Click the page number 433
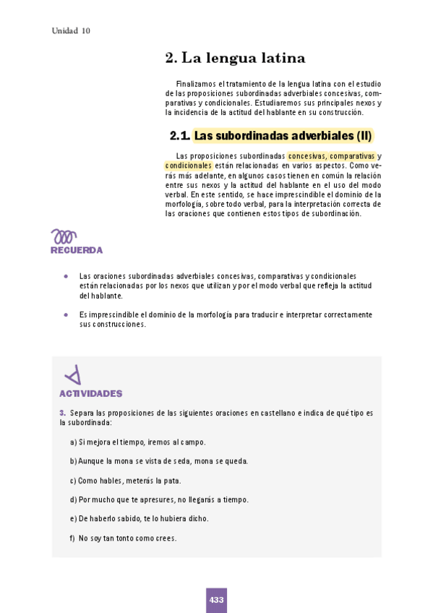(216, 600)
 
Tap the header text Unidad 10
(71, 31)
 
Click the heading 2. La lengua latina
(236, 58)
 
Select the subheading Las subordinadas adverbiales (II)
(283, 135)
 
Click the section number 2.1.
(179, 135)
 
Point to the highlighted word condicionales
(189, 166)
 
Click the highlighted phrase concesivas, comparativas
(331, 156)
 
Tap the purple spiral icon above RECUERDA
(64, 236)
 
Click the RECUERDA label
(77, 250)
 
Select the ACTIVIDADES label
(91, 394)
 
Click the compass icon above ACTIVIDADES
(73, 375)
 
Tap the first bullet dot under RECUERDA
(66, 276)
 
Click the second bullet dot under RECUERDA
(66, 314)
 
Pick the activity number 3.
(63, 413)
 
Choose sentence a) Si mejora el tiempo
(138, 442)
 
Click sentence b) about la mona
(159, 460)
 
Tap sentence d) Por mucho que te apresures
(159, 500)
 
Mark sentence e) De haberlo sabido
(140, 518)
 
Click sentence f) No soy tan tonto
(124, 538)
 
